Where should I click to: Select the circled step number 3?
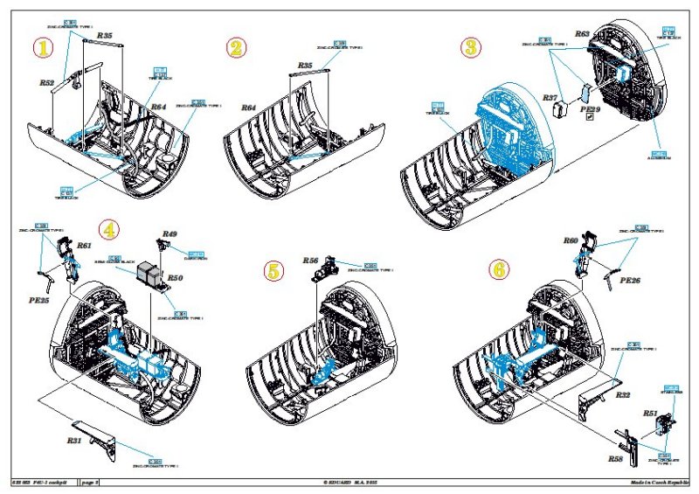[x=471, y=45]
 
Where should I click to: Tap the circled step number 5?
[x=273, y=272]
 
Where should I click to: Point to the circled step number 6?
[x=499, y=268]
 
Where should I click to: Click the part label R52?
[x=47, y=83]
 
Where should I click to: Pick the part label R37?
[x=550, y=98]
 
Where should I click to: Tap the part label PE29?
[x=591, y=110]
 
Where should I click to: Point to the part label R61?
[x=85, y=247]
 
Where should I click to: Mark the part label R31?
[x=74, y=441]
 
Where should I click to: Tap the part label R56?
[x=310, y=261]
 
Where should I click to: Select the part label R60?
[x=571, y=240]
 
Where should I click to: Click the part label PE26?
[x=630, y=282]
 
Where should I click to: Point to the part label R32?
[x=623, y=395]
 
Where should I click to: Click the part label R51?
[x=650, y=413]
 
